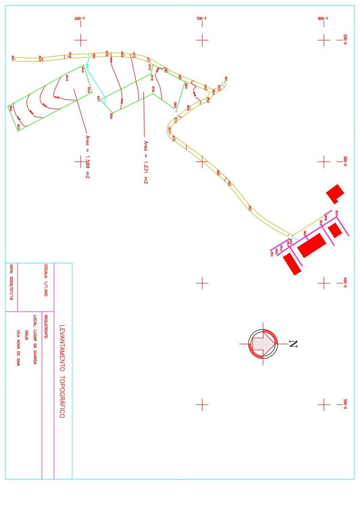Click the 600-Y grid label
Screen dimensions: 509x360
[80, 19]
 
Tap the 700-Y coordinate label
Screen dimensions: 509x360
[202, 19]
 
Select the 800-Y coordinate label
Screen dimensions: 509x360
[323, 19]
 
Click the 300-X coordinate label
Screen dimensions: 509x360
[345, 161]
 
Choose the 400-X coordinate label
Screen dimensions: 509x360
[345, 282]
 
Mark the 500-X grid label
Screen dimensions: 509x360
[345, 404]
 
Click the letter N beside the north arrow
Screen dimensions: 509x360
[293, 344]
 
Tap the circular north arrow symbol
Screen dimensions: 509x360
[262, 344]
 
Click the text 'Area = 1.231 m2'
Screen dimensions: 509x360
[145, 162]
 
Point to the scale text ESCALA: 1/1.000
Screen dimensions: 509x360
[47, 281]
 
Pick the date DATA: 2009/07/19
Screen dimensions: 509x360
[11, 282]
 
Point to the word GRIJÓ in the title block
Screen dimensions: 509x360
[27, 328]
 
